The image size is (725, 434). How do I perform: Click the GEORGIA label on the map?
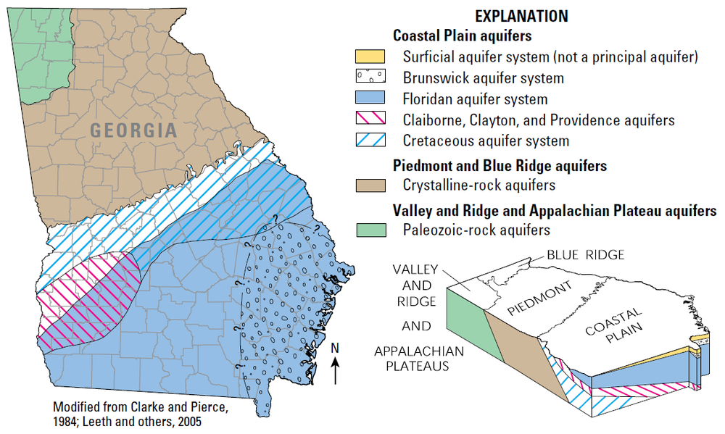point(134,131)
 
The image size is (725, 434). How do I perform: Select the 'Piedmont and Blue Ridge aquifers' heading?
point(500,165)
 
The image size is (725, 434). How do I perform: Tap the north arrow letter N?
point(334,349)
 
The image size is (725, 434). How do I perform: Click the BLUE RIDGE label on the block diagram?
point(586,254)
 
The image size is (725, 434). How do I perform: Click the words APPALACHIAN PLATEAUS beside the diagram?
point(412,359)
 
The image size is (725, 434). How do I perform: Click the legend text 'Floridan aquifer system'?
point(475,99)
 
